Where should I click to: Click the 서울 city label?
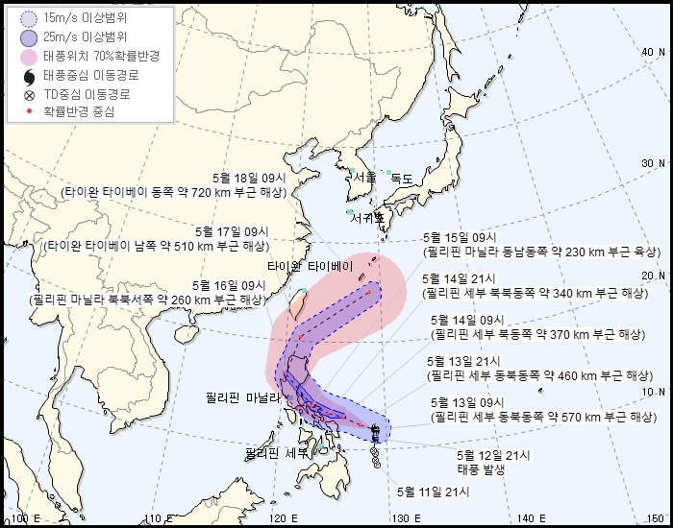pyautogui.click(x=364, y=178)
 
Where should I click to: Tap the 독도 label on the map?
pyautogui.click(x=402, y=179)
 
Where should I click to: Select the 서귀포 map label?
pyautogui.click(x=368, y=218)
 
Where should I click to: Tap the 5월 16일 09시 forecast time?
pyautogui.click(x=228, y=285)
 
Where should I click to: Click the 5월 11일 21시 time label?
pyautogui.click(x=433, y=492)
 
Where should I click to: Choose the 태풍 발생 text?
pyautogui.click(x=481, y=469)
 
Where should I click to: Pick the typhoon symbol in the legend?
pyautogui.click(x=29, y=76)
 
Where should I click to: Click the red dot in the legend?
pyautogui.click(x=29, y=111)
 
